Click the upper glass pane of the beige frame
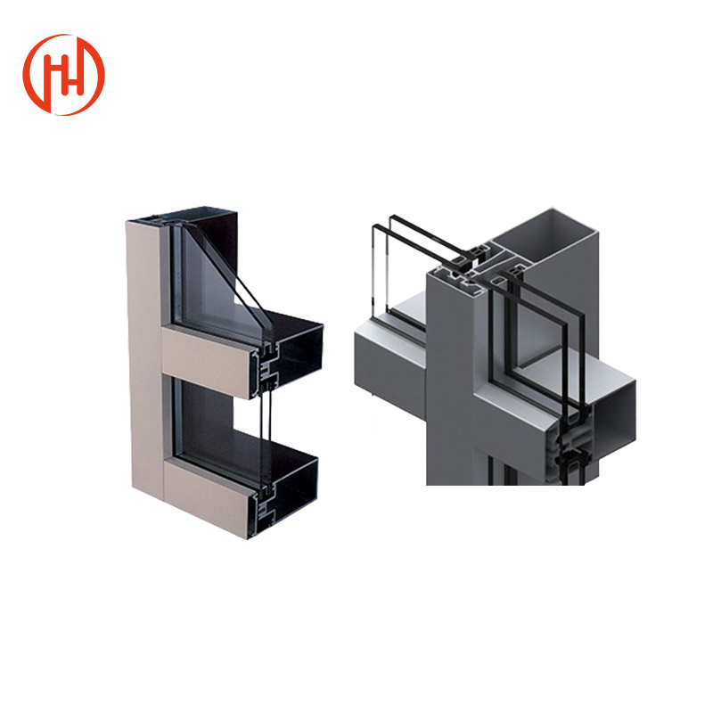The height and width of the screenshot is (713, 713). pos(209,267)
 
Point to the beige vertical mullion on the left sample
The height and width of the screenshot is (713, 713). pos(143,356)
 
